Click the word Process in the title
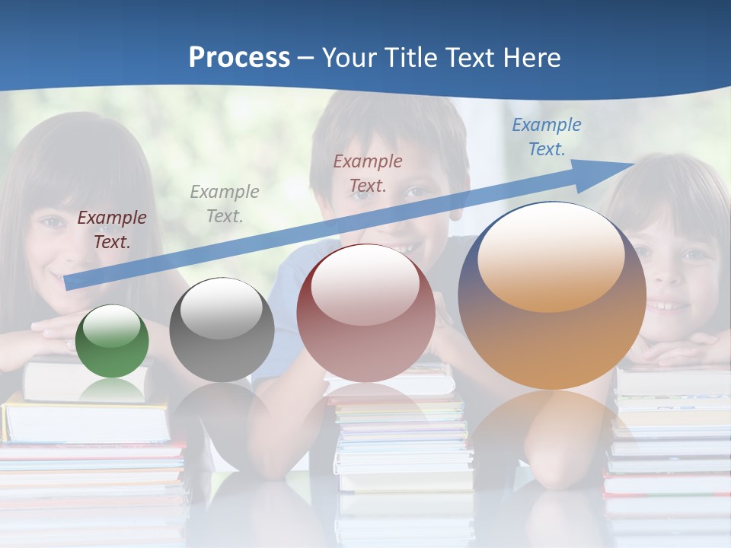(x=239, y=58)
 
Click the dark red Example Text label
(x=112, y=230)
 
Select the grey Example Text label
(x=225, y=204)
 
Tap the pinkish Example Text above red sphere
(x=368, y=173)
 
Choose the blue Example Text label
(x=547, y=137)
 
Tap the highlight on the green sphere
(x=112, y=326)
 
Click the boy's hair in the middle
(x=388, y=126)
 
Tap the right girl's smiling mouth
(x=670, y=307)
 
